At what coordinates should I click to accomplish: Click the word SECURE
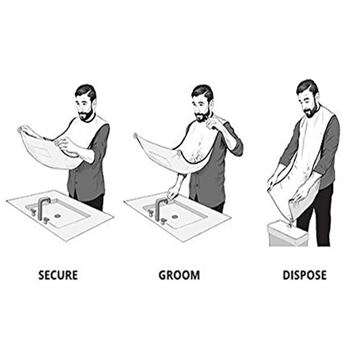[x=58, y=275]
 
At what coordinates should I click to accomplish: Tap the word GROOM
[x=179, y=275]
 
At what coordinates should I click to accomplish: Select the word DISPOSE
[x=304, y=275]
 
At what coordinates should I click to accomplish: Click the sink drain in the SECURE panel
[x=57, y=216]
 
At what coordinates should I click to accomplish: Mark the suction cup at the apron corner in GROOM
[x=135, y=135]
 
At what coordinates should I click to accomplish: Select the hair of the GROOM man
[x=202, y=92]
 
